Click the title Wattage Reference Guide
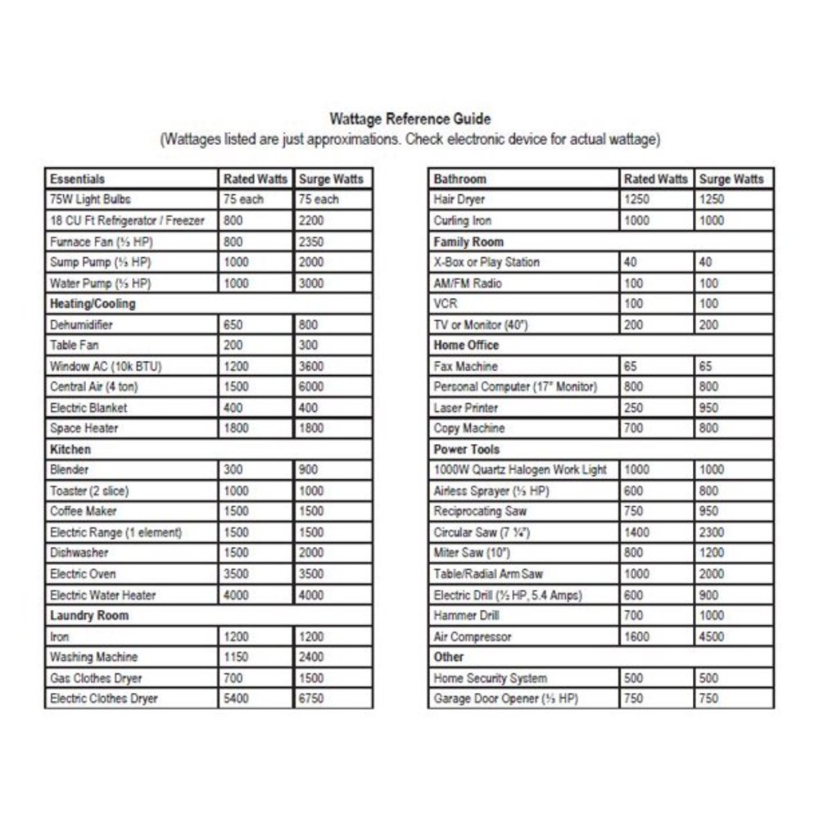pyautogui.click(x=409, y=120)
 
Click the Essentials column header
pyautogui.click(x=78, y=179)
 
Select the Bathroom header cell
pyautogui.click(x=460, y=179)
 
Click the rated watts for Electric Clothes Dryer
pyautogui.click(x=236, y=699)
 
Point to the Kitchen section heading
pyautogui.click(x=70, y=450)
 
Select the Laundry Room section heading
pyautogui.click(x=89, y=616)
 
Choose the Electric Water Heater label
pyautogui.click(x=102, y=595)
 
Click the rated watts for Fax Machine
pyautogui.click(x=631, y=366)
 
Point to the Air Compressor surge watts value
pyautogui.click(x=713, y=636)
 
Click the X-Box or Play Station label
pyautogui.click(x=486, y=262)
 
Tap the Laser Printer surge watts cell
pyautogui.click(x=709, y=408)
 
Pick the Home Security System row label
pyautogui.click(x=491, y=678)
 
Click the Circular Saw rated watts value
pyautogui.click(x=637, y=532)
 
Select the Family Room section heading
pyautogui.click(x=468, y=242)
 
